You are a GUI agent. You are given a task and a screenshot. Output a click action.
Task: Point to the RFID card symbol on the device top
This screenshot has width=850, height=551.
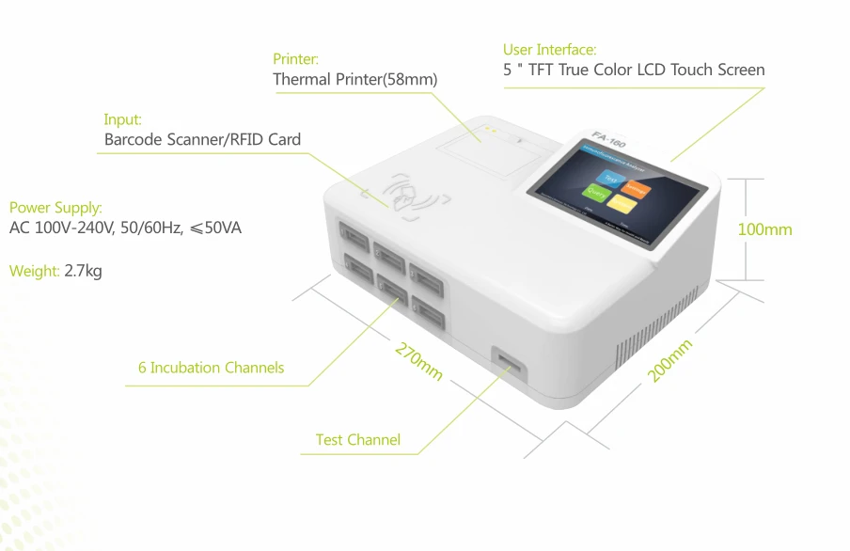coord(410,193)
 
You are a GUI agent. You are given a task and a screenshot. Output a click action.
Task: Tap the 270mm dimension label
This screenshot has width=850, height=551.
coord(419,362)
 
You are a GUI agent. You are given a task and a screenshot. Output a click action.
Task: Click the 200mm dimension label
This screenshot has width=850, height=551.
coord(670,361)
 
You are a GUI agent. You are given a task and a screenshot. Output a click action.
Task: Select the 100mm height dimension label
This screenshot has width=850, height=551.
coord(764,229)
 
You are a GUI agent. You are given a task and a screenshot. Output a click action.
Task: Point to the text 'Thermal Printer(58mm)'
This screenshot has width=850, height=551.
coord(354,80)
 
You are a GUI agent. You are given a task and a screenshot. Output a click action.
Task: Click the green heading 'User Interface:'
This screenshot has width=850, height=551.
coord(549,49)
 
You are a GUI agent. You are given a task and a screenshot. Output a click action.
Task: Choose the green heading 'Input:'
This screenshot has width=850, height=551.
coord(122,119)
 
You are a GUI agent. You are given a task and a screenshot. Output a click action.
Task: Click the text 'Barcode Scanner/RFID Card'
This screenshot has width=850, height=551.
coord(202,140)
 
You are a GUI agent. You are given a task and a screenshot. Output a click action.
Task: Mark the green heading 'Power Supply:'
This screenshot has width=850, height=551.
coord(55,207)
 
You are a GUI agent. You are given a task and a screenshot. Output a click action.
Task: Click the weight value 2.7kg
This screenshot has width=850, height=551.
coord(83,271)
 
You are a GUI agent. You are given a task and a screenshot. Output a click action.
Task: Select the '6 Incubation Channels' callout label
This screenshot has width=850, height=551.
coord(211,368)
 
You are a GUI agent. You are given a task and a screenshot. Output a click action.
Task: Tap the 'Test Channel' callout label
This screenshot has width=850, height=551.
coord(357,440)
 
